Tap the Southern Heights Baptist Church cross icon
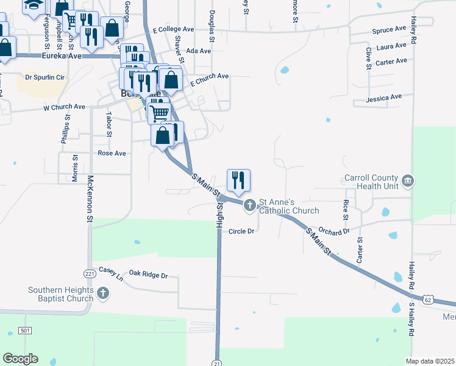point(103,293)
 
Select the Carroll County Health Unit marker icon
point(408,181)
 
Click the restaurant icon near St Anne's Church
point(237,179)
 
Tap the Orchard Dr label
point(333,232)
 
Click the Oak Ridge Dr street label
point(148,275)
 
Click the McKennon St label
point(90,198)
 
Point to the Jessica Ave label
point(384,97)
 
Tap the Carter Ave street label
point(391,62)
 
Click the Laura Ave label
point(391,46)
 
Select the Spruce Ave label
point(389,29)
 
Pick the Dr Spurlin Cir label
point(45,77)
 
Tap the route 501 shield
point(25,331)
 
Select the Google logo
point(21,358)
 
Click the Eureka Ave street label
point(62,56)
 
